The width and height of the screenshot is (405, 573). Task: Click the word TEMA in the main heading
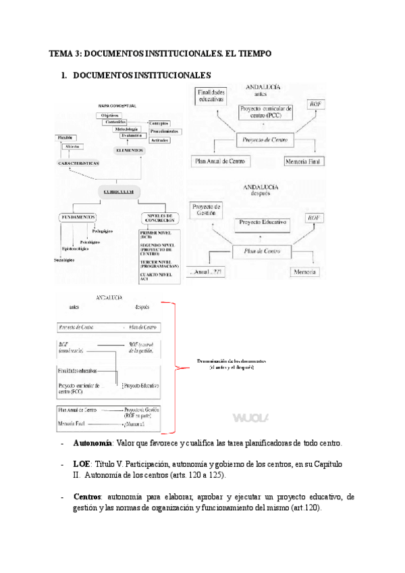[x=63, y=53]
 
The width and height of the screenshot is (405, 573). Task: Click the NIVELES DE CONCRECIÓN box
[x=160, y=218]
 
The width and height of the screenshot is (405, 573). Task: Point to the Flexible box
[x=65, y=138]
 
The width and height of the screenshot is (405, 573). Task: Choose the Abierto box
[x=72, y=147]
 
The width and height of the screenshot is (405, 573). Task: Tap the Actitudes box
[x=160, y=139]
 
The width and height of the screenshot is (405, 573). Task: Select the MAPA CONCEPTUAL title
[x=117, y=106]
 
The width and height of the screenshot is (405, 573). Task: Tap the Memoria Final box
[x=304, y=161]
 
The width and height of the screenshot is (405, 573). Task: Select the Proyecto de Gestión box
[x=206, y=210]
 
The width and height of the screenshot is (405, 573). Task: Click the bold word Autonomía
[x=92, y=443]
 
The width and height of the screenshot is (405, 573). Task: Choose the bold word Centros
[x=89, y=497]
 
